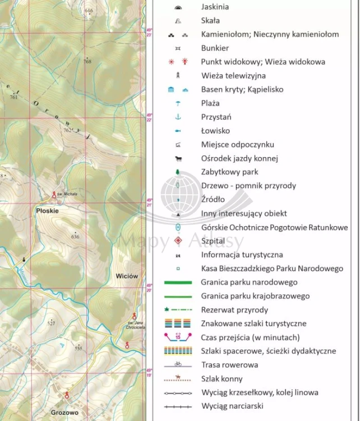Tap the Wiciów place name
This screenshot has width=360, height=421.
(x=127, y=276)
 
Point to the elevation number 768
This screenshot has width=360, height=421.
(x=87, y=62)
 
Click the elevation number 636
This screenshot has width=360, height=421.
(x=75, y=236)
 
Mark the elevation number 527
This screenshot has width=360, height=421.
(x=51, y=323)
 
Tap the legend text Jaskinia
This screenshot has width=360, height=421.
(x=215, y=7)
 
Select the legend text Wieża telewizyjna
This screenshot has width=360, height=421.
(x=233, y=75)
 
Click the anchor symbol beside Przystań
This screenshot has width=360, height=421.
(x=178, y=117)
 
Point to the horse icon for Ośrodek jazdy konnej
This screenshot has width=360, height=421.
(x=178, y=158)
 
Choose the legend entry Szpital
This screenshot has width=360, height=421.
(x=213, y=241)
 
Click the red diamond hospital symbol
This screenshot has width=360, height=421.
(x=178, y=241)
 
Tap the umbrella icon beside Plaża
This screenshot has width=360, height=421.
(x=178, y=103)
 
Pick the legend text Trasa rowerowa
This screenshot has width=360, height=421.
(x=229, y=365)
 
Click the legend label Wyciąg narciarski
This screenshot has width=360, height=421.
(x=232, y=406)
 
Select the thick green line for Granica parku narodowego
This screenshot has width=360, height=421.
(x=178, y=282)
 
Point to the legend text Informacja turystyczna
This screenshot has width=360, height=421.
(x=242, y=255)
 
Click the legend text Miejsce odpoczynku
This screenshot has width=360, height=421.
(x=237, y=144)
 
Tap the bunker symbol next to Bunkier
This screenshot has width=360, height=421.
(x=178, y=48)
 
